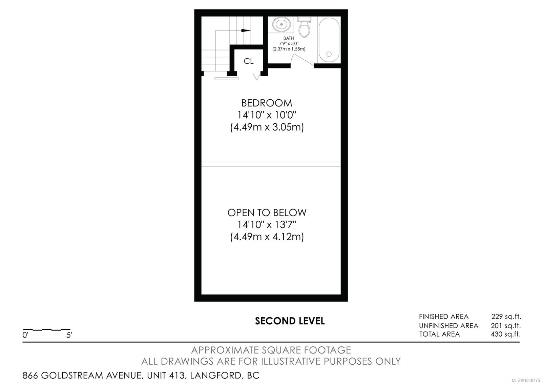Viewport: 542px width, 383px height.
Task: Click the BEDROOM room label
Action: click(x=267, y=103)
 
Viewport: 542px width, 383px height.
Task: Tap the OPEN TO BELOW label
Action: click(x=267, y=213)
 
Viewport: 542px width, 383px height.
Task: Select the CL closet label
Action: click(x=249, y=61)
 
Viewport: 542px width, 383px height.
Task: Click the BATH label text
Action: click(x=288, y=38)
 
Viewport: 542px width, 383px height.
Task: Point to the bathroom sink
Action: click(x=282, y=24)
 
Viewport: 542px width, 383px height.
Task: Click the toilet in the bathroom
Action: click(x=305, y=27)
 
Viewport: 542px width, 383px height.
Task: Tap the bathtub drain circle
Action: click(x=329, y=54)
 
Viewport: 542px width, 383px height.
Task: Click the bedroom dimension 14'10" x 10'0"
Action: click(x=267, y=115)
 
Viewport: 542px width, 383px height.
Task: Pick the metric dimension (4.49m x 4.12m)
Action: click(x=267, y=237)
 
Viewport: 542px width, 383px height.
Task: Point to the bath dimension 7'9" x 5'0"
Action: click(x=289, y=44)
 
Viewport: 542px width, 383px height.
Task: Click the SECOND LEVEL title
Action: click(x=290, y=321)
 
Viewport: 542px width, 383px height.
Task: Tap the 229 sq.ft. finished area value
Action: click(x=506, y=317)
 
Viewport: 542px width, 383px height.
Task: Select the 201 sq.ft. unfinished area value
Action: click(x=506, y=326)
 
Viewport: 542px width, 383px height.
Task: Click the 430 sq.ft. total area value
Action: click(x=506, y=334)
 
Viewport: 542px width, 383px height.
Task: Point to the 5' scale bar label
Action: click(x=69, y=335)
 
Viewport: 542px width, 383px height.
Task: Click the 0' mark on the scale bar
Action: click(x=25, y=335)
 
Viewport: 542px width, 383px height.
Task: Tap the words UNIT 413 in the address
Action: click(x=166, y=376)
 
